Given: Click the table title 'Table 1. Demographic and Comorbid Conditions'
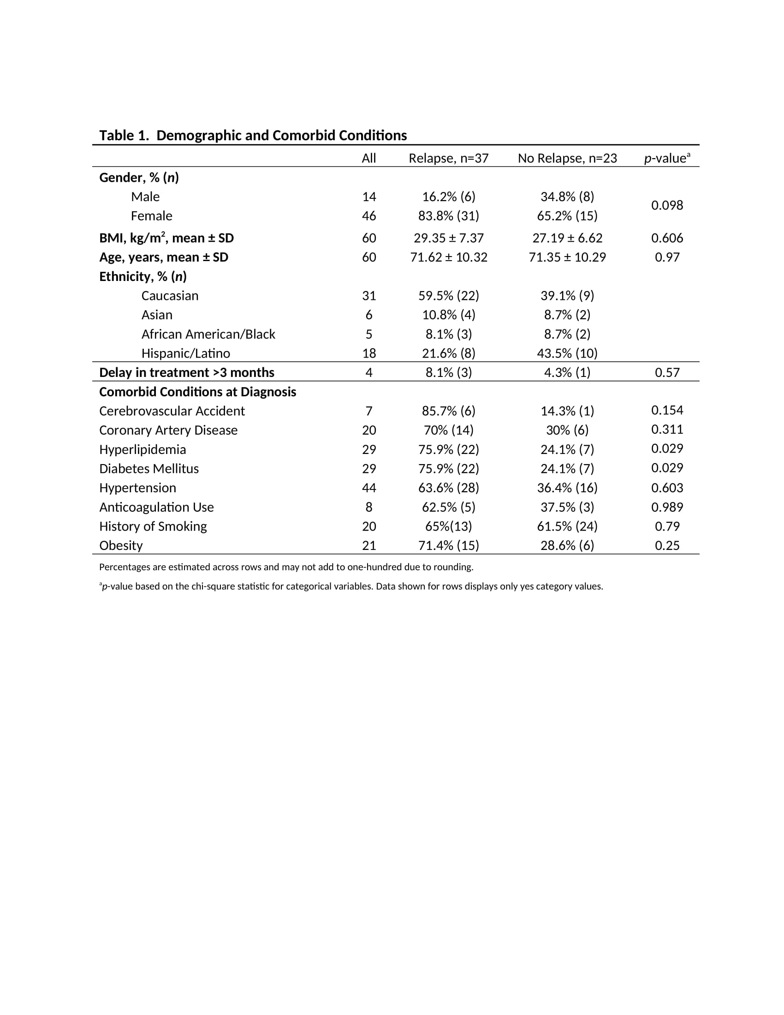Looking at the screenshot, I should (x=253, y=136).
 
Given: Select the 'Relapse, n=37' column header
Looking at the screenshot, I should (x=448, y=158).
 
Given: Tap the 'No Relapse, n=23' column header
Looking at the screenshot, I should (x=567, y=158).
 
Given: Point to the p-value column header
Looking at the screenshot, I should (x=666, y=158).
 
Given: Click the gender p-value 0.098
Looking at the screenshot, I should (x=666, y=205).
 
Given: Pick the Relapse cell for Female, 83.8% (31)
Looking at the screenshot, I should (x=448, y=216).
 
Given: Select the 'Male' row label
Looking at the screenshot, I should (x=145, y=197).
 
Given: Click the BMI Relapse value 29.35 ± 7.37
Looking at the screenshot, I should (x=448, y=239).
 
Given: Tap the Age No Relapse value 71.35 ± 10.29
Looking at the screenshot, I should (x=567, y=257).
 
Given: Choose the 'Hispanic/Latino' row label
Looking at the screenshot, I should (x=185, y=354).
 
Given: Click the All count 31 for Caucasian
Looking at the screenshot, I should (x=369, y=296).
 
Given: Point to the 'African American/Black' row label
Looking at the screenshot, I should (x=208, y=334).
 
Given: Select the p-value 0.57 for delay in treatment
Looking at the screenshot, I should (x=667, y=373).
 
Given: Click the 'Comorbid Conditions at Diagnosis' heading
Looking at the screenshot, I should (x=197, y=392).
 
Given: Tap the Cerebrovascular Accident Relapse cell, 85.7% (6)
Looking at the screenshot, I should (x=448, y=411).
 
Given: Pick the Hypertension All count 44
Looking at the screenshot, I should (x=369, y=488).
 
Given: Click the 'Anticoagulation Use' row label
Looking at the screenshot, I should (x=156, y=507).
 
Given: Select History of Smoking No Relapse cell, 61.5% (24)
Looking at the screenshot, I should (x=567, y=526).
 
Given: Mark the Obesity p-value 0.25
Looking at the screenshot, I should (x=667, y=546).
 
